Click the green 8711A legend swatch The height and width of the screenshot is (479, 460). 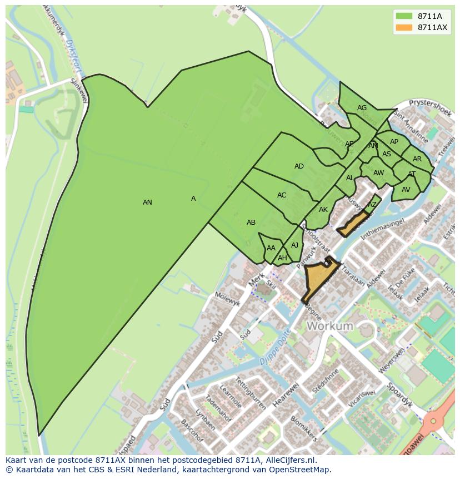[403, 16]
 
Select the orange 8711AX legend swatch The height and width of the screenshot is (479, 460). [403, 27]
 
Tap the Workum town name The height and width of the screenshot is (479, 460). [329, 326]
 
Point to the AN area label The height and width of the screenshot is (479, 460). [147, 203]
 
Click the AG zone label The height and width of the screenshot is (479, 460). [362, 108]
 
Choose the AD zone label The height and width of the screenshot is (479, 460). [299, 166]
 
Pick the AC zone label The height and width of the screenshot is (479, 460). [282, 195]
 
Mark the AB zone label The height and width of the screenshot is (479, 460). [251, 223]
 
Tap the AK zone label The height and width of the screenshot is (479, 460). [323, 210]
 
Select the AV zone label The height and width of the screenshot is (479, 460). [406, 190]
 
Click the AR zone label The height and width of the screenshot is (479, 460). [417, 159]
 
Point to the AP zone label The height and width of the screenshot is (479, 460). [394, 142]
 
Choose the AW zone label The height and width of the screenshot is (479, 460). [378, 173]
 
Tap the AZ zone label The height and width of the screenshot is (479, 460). [372, 205]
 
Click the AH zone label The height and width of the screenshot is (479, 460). [282, 258]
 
